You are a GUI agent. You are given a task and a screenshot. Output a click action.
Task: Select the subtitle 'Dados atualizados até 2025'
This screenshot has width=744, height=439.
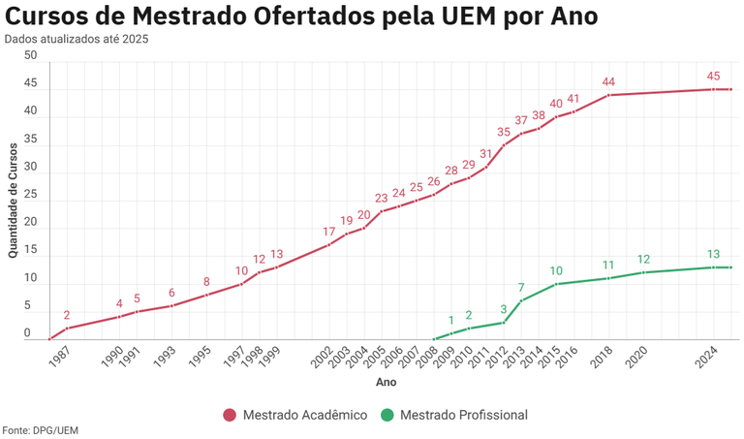pos(77,39)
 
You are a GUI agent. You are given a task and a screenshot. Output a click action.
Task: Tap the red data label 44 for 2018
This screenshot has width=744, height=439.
pos(609,81)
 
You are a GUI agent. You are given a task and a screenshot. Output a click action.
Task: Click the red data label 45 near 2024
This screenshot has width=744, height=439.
pos(713,76)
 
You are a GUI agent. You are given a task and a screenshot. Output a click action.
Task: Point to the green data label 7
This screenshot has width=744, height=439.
pos(521,288)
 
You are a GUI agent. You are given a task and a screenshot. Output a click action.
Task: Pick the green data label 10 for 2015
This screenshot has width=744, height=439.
pos(556,271)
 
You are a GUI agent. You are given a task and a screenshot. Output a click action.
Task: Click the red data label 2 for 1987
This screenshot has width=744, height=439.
pos(67,315)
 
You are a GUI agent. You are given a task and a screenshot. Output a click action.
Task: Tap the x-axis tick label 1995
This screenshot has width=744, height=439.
pos(201,358)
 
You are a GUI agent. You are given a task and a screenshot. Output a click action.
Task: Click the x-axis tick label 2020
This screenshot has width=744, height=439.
pos(637,358)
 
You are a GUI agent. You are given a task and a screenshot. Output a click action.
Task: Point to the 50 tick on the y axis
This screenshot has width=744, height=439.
pos(30,56)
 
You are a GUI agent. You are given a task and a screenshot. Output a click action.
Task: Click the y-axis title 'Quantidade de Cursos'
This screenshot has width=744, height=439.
pos(13,201)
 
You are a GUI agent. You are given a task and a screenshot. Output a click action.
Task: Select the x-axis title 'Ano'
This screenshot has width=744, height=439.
pos(386,384)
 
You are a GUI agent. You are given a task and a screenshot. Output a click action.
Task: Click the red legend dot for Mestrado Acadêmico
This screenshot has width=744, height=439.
pos(230,415)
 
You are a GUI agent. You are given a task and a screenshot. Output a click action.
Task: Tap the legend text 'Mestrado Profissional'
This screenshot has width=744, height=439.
pos(463,415)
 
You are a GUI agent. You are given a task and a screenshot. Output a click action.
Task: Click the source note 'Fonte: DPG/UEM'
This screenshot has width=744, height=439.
pos(40,429)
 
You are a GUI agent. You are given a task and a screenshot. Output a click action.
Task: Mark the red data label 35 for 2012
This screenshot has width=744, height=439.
pos(504,132)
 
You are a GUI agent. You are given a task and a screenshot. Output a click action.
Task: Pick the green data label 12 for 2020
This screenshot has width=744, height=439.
pos(643,260)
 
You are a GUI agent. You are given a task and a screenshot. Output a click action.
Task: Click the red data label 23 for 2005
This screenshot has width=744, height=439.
pos(382,199)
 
